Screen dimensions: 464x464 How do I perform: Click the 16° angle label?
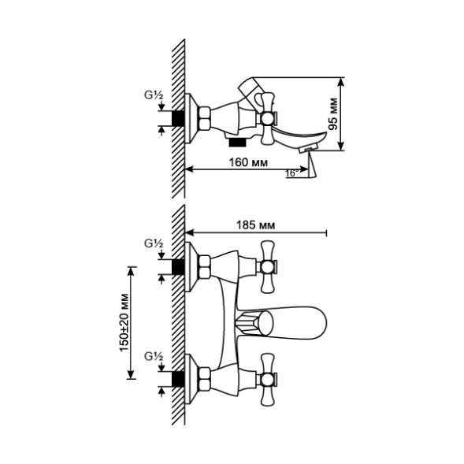tap(291, 173)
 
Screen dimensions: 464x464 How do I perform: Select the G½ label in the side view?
tap(154, 96)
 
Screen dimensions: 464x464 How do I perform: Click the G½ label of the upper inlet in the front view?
tap(154, 244)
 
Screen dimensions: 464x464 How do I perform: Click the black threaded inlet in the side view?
tap(179, 118)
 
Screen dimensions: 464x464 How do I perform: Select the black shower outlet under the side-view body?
tap(235, 143)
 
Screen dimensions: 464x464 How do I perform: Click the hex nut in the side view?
tap(202, 118)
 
